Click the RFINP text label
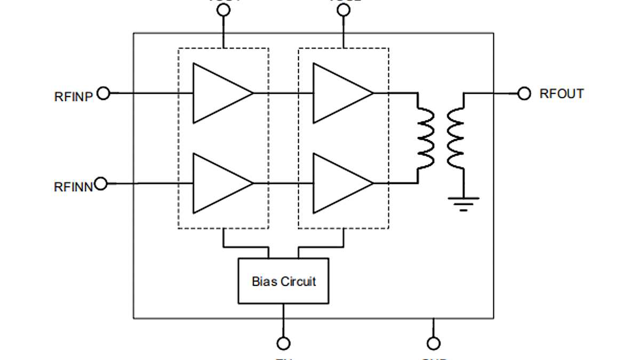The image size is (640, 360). (x=74, y=97)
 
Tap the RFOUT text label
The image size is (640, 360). (x=562, y=94)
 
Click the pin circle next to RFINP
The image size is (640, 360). (x=103, y=93)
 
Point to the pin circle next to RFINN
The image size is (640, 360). (x=101, y=183)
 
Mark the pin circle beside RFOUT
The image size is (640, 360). (x=524, y=94)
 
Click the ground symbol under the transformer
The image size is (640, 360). (x=463, y=203)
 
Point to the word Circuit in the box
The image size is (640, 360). (x=298, y=281)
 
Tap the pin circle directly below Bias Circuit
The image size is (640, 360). (x=284, y=343)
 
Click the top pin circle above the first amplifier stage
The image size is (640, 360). (x=224, y=10)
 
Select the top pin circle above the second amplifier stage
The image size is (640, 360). (x=344, y=10)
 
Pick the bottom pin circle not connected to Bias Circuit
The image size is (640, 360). (x=434, y=343)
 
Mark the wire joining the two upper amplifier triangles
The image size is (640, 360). (x=283, y=93)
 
